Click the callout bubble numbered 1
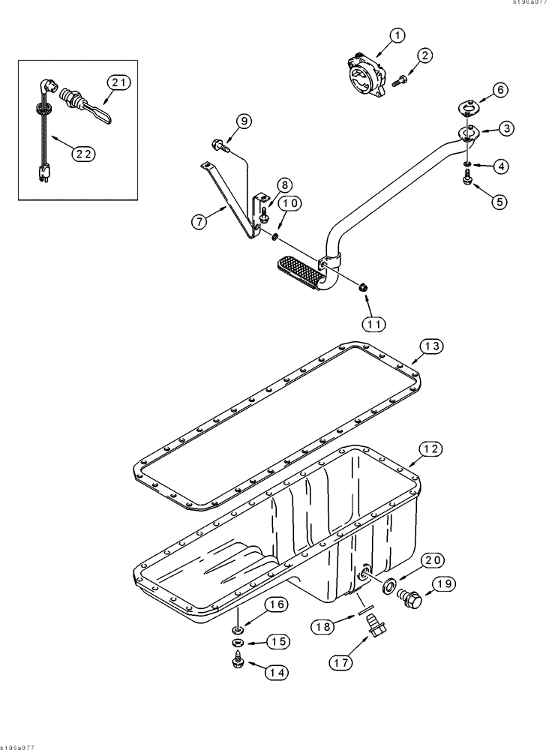click(x=397, y=34)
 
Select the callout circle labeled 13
click(x=431, y=346)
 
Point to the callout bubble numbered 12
click(x=430, y=449)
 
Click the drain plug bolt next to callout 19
click(x=412, y=597)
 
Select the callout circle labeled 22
click(x=84, y=153)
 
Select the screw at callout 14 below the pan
click(x=236, y=662)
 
